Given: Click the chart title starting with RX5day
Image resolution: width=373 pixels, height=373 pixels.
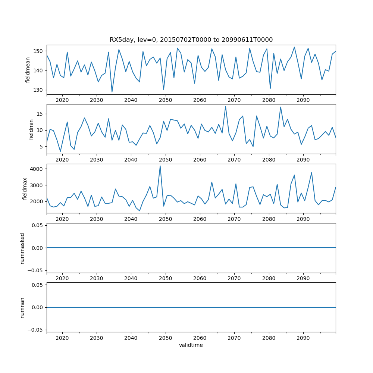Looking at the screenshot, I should [191, 40].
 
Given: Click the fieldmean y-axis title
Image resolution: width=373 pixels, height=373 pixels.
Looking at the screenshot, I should [28, 70].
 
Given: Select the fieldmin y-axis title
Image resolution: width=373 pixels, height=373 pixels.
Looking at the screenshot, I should [31, 129].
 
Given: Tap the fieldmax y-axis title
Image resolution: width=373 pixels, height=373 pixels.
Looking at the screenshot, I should [25, 189].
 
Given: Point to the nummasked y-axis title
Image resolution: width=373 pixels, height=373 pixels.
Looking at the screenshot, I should [22, 248].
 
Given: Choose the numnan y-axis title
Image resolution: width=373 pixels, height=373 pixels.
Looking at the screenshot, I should [22, 307].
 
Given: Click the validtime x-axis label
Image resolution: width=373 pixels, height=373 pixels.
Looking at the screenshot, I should [191, 345].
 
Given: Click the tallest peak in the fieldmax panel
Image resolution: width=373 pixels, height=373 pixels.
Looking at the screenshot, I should [160, 166].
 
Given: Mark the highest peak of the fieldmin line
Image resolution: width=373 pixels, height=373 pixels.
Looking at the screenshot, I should [225, 106].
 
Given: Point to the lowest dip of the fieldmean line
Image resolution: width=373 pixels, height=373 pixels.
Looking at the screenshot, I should [112, 92].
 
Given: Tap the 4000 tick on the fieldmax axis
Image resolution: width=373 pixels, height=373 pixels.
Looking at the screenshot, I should [37, 169].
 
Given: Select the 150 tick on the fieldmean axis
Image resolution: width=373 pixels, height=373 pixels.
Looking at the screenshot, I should [40, 51].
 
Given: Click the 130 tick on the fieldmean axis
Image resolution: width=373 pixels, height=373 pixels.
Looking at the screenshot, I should [40, 90].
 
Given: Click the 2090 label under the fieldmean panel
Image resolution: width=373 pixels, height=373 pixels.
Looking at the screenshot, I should [303, 100].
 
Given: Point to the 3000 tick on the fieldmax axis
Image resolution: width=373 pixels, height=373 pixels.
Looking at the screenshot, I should [37, 185].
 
